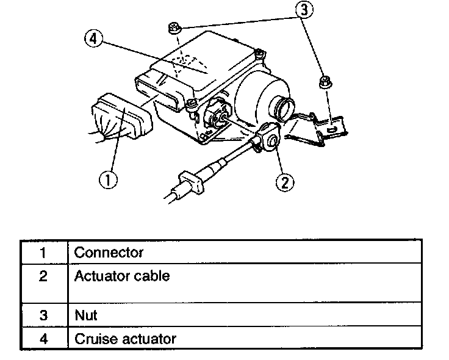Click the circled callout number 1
(x=109, y=180)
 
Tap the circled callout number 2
(x=284, y=181)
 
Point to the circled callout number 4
(x=93, y=38)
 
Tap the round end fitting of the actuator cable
(x=269, y=138)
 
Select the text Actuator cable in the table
(x=122, y=276)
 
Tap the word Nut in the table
(x=86, y=316)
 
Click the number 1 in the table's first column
(x=43, y=252)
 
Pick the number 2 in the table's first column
(x=43, y=276)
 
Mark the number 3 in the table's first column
(x=43, y=316)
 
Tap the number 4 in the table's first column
(x=43, y=338)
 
